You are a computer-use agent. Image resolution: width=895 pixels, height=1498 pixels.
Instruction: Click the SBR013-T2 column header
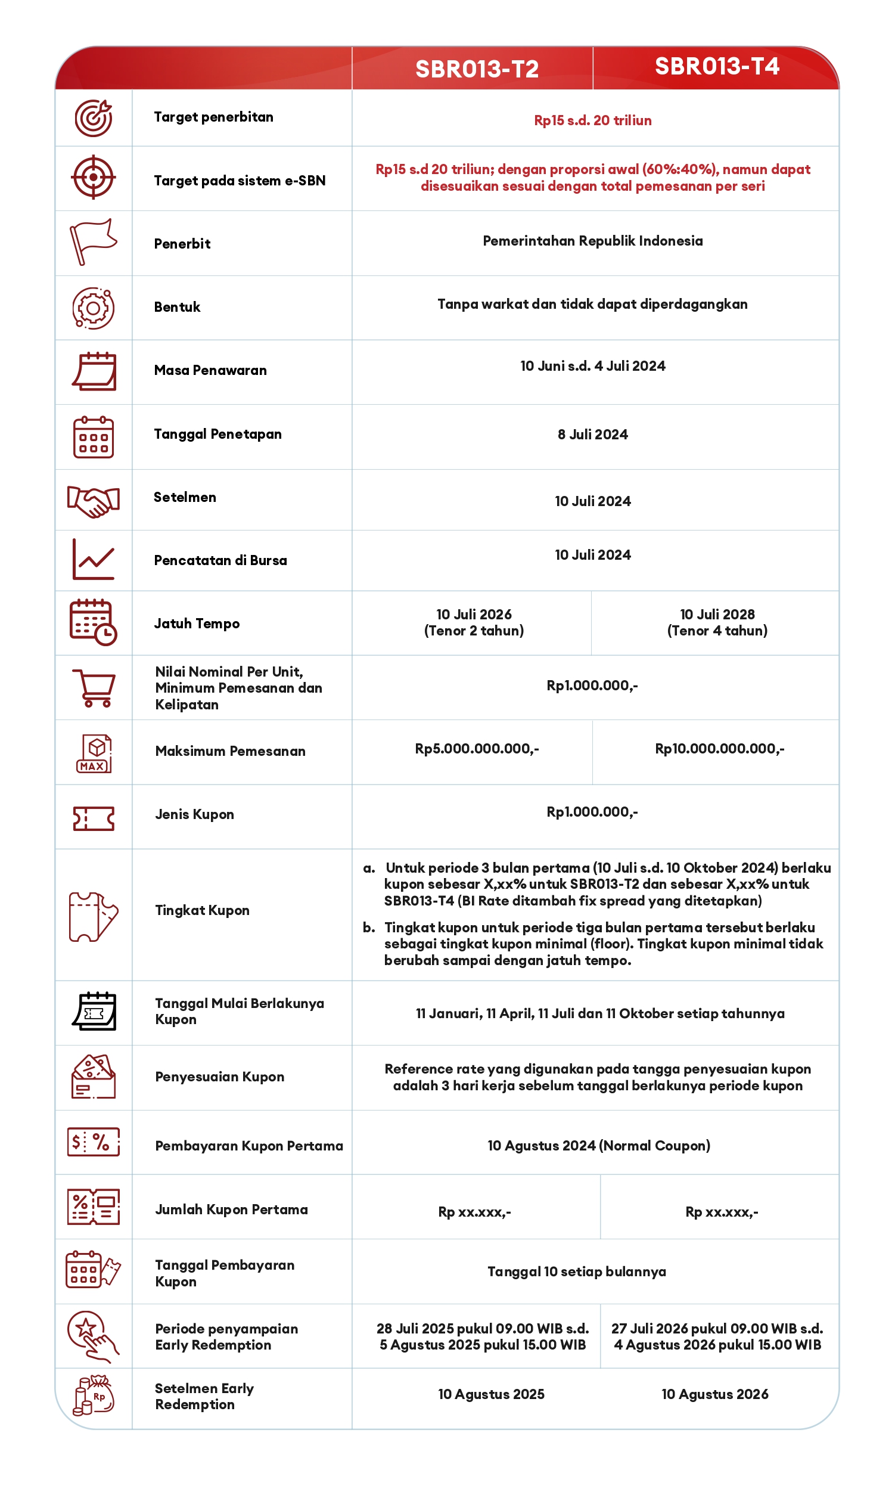click(x=477, y=69)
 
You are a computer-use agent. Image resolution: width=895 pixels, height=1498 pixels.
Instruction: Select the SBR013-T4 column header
click(x=716, y=66)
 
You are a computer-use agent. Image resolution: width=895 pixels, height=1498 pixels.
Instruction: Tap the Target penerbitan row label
click(x=213, y=117)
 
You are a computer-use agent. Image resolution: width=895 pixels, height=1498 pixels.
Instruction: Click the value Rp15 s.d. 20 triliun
click(x=592, y=120)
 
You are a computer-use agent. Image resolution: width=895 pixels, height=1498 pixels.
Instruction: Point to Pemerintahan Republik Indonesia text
click(x=592, y=241)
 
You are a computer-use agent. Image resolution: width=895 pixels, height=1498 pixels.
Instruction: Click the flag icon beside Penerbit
click(x=93, y=241)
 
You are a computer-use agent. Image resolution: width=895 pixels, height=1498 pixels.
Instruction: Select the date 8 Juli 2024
click(x=592, y=435)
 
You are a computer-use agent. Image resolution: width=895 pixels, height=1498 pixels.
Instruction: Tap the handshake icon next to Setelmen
click(x=93, y=501)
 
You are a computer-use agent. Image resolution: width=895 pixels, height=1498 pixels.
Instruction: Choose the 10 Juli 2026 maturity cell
click(x=474, y=622)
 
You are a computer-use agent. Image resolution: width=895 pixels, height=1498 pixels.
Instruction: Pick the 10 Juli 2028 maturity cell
click(x=716, y=622)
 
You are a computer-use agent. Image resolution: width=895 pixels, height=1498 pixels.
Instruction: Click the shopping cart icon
click(x=94, y=688)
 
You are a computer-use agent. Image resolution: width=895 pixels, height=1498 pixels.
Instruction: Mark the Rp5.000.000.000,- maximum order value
click(x=477, y=749)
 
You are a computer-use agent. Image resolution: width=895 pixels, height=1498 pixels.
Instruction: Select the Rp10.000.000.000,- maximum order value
click(x=719, y=749)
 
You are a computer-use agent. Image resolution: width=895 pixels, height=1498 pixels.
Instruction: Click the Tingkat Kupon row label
click(x=202, y=910)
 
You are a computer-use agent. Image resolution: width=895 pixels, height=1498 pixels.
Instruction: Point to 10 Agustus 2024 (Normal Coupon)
click(x=598, y=1146)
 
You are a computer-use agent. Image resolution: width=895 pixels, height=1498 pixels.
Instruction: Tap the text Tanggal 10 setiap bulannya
click(x=576, y=1271)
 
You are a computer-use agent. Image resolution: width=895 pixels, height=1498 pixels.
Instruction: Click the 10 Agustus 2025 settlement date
click(x=491, y=1394)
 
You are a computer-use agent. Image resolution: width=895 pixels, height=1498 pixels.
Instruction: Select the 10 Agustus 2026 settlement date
click(x=714, y=1394)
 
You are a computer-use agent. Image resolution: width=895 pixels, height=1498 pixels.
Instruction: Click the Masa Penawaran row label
click(x=210, y=370)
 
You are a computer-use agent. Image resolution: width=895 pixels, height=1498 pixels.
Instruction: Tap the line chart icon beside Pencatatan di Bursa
click(x=93, y=559)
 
